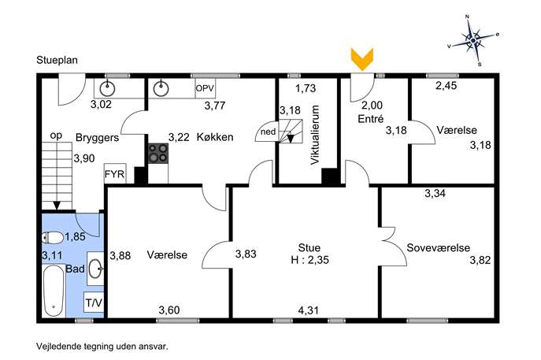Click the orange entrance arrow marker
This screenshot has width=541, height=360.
(x=362, y=59)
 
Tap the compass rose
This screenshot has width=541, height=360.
(x=474, y=40)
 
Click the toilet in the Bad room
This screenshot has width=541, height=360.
(x=53, y=237)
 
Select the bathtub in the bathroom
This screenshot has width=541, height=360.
(x=54, y=290)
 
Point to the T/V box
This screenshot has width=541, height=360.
(x=94, y=302)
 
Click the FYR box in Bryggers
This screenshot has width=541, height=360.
(x=115, y=173)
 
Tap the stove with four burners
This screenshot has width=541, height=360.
(x=158, y=154)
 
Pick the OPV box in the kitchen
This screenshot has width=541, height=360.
(x=205, y=88)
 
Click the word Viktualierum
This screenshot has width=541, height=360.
(x=315, y=135)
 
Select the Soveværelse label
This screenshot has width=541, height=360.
(x=438, y=248)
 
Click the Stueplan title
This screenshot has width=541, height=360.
(x=57, y=60)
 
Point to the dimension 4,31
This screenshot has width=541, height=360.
(x=309, y=310)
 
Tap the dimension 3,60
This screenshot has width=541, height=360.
(x=169, y=310)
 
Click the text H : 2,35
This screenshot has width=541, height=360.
(x=309, y=259)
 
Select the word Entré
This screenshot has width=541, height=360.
(x=371, y=119)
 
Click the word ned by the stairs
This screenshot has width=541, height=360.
(x=268, y=132)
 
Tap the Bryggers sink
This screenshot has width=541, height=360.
(x=107, y=89)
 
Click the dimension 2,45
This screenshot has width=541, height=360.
(x=447, y=85)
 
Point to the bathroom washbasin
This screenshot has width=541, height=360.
(x=95, y=269)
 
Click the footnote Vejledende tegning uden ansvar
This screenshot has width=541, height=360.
(x=102, y=346)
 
